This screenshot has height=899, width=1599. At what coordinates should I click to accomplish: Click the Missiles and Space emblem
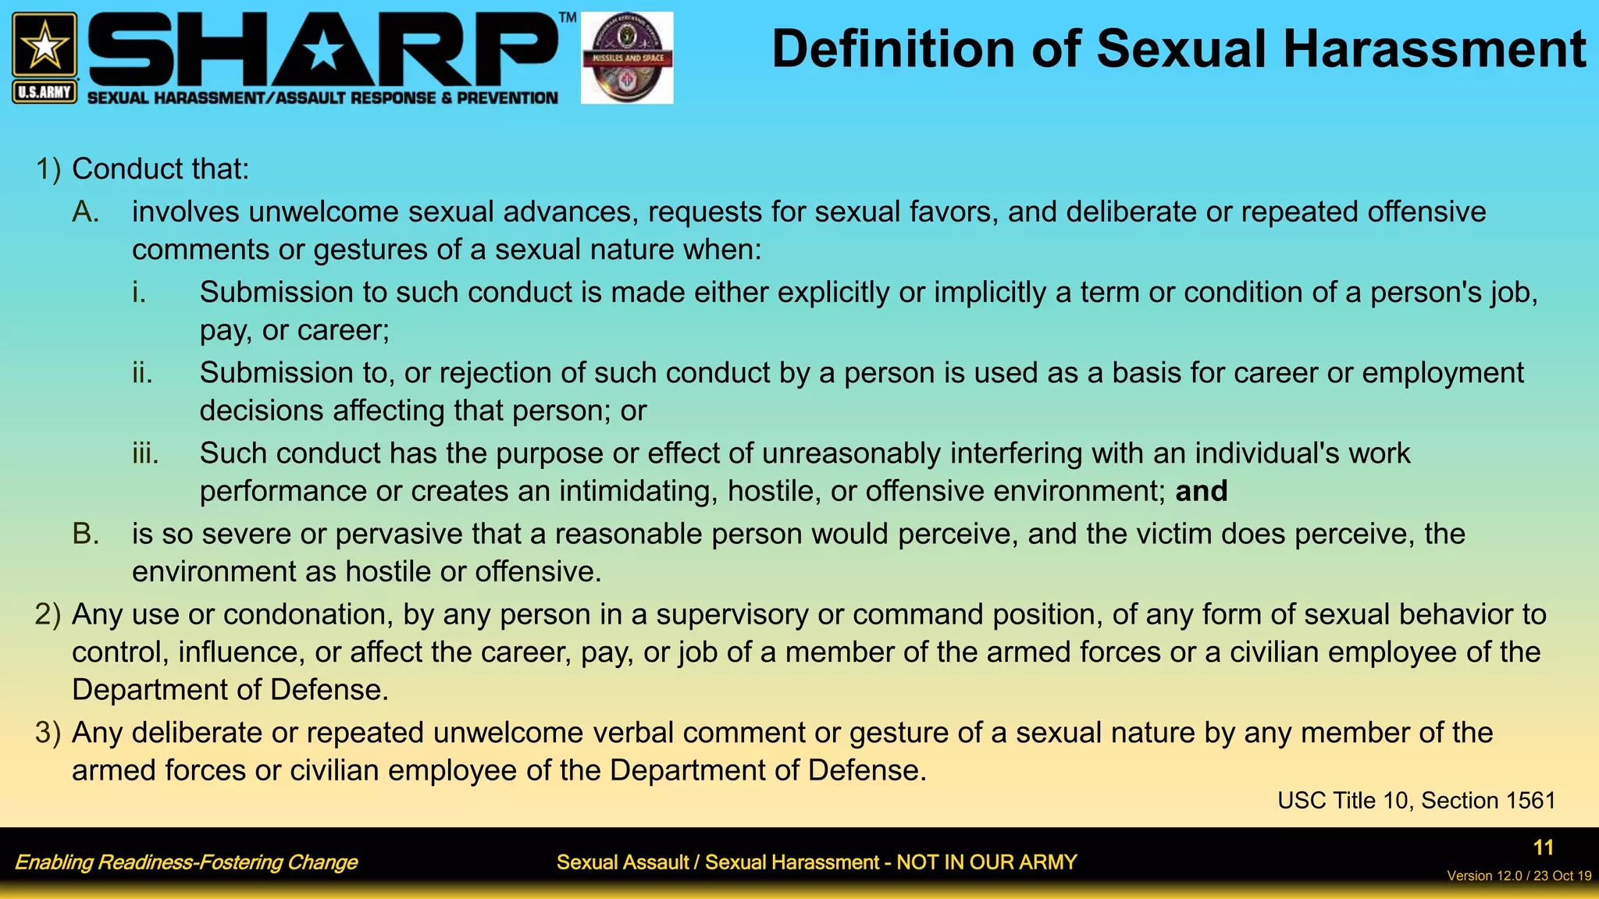click(627, 58)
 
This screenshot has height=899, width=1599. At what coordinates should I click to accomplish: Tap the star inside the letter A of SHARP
click(322, 53)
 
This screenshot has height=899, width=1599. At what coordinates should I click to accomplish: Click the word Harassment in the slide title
click(1434, 49)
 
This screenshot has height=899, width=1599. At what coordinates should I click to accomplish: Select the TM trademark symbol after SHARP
click(568, 17)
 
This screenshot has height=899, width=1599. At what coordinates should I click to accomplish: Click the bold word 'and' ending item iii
click(1201, 492)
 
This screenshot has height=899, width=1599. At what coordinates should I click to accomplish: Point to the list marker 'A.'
click(85, 212)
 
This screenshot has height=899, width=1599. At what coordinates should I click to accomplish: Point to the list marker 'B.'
click(85, 535)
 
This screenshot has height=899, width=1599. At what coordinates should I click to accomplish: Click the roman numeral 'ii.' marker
click(142, 373)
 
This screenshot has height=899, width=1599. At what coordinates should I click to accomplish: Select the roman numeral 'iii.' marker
click(145, 453)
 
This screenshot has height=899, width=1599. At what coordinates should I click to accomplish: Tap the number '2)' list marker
click(48, 615)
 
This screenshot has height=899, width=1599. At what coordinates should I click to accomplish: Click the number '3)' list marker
click(48, 733)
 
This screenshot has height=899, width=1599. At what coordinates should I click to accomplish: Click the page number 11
click(1543, 847)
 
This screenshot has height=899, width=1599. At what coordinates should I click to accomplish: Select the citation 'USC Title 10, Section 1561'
click(1416, 801)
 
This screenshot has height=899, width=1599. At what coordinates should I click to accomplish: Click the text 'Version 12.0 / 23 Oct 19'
click(1519, 876)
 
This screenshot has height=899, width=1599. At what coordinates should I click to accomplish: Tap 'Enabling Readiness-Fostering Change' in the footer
click(186, 862)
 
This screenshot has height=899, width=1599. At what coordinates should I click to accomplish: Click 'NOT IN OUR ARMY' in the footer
click(986, 862)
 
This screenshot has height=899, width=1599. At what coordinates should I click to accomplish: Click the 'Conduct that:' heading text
click(160, 169)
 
